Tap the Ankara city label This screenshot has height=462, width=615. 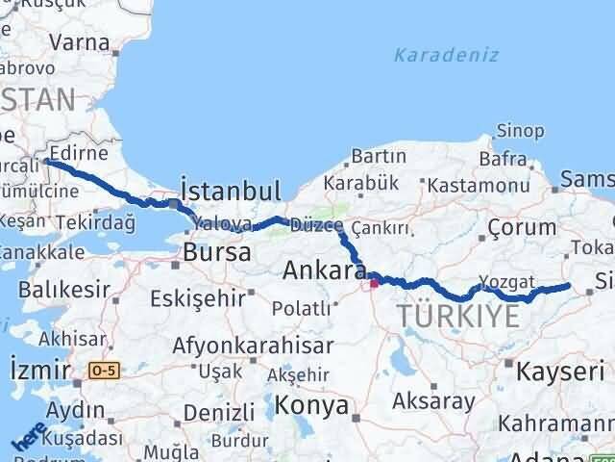point(320,271)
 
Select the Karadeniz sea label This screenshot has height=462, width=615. point(446,55)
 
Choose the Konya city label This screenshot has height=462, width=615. point(311,405)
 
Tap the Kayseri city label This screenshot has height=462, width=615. point(561,371)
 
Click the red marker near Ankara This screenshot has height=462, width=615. point(374,283)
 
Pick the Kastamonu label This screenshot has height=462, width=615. point(479,185)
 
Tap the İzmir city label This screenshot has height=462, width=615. point(38,370)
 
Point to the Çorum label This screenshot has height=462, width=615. point(522,227)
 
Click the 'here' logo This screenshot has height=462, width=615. point(28,435)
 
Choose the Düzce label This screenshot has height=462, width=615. point(314,226)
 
